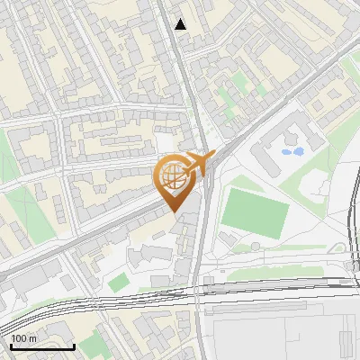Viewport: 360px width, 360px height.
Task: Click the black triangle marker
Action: click(181, 24)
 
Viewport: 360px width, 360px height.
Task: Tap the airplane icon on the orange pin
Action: click(199, 163)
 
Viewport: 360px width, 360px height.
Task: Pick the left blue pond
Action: click(287, 152)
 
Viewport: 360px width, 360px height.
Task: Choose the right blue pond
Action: click(298, 151)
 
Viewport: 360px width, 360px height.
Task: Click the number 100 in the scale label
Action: click(20, 337)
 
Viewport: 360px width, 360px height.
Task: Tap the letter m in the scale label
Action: click(33, 337)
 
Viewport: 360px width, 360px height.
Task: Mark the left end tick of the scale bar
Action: click(12, 345)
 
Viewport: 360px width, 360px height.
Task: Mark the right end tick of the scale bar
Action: click(74, 345)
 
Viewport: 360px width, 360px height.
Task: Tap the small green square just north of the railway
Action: click(118, 283)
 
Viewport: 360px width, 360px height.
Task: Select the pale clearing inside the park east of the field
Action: click(317, 184)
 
